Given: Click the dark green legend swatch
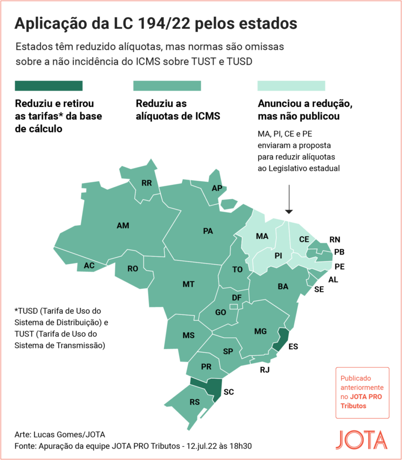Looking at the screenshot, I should tap(49, 86).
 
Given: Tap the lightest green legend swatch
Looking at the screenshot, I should tap(291, 86).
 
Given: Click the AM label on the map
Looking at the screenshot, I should tap(123, 226).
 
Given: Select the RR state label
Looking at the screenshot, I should tap(147, 183).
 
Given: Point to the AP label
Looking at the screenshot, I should tap(217, 188).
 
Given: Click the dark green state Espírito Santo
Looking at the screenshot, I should tap(283, 339).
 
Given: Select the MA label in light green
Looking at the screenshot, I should tap(262, 236).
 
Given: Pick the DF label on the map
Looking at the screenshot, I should tap(237, 298).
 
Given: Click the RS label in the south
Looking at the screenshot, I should tap(194, 402).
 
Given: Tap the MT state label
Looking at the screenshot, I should tap(188, 284).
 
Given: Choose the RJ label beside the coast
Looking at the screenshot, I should tap(265, 370).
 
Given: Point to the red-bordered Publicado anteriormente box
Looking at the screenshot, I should tap(362, 392).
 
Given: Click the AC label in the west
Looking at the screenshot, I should tap(89, 265).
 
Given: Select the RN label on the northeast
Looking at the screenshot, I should tap(335, 239).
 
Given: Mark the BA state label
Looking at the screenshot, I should tap(283, 287).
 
